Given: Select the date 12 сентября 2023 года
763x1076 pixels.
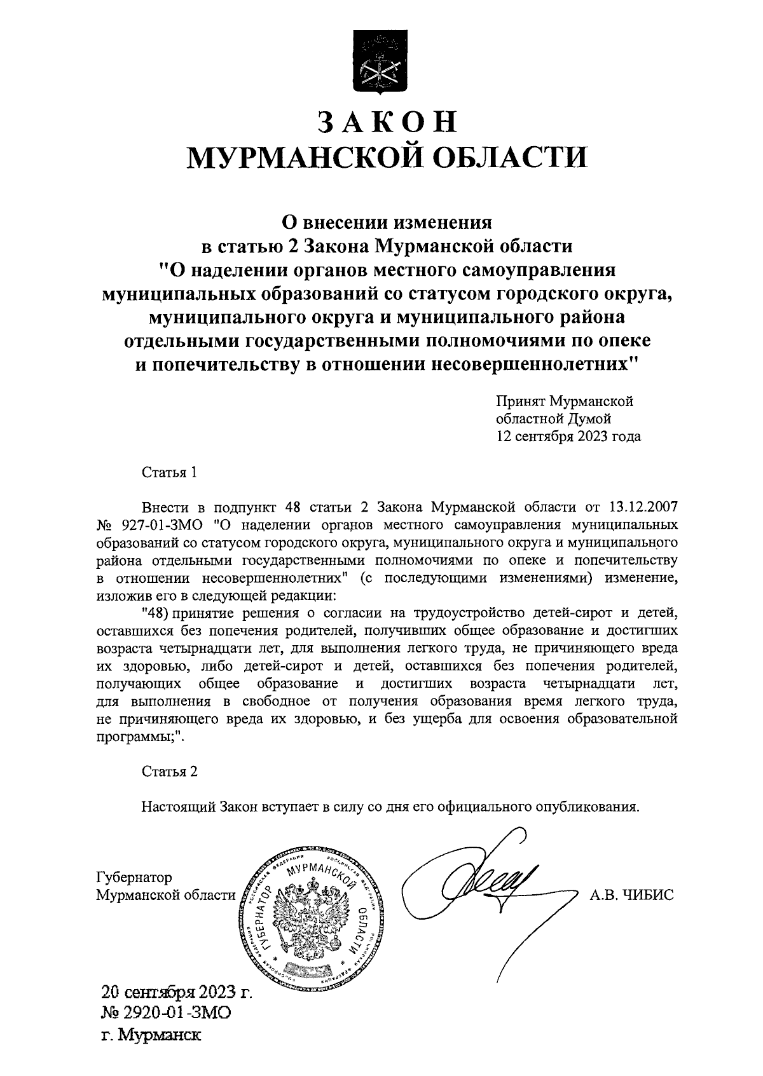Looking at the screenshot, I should [568, 437].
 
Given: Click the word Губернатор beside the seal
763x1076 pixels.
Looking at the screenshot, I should [134, 878].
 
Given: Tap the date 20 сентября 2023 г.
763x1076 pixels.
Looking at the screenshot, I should [177, 991].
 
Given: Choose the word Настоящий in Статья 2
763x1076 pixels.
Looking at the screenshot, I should [179, 808].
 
